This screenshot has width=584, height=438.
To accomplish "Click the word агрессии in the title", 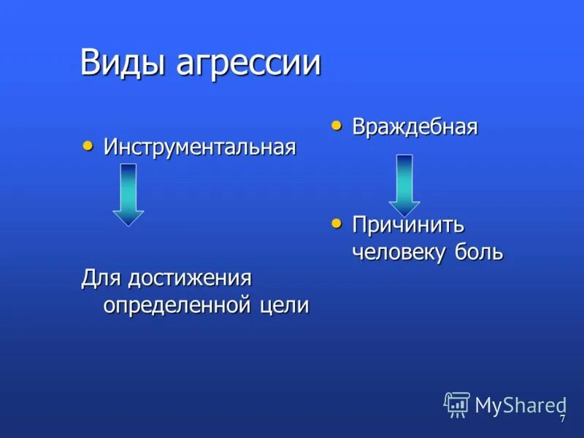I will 248,64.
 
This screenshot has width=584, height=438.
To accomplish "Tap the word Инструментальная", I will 199,147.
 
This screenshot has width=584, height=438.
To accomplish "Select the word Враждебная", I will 415,127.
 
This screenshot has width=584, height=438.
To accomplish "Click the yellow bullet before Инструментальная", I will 88,146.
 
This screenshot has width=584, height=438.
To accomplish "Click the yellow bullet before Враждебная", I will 337,126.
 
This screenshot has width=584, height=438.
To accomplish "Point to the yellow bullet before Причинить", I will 337,223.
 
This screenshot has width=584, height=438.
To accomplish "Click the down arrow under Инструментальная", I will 128,193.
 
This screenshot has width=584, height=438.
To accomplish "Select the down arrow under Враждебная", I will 404,183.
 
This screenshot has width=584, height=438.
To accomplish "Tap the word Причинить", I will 408,225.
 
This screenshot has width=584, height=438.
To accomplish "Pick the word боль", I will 477,252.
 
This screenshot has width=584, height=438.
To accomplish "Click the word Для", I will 101,278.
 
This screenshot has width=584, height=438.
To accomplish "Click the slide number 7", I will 562,420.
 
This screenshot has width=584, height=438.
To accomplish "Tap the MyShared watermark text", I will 520,405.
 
